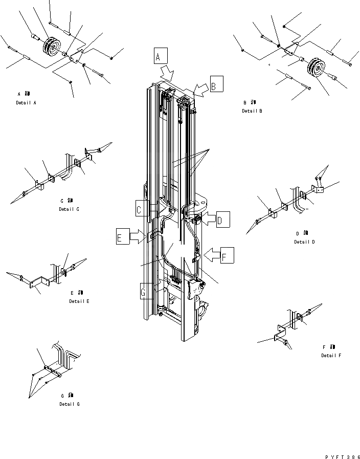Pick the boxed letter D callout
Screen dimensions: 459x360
(222, 220)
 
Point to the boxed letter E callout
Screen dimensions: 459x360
(122, 237)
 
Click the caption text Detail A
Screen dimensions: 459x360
(26, 103)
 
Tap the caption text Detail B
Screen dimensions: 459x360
(252, 111)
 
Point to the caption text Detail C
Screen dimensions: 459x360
(69, 209)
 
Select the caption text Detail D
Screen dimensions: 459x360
(304, 242)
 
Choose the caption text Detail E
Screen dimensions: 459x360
(79, 301)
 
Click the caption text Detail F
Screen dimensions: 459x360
(331, 355)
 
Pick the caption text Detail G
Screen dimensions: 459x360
(69, 404)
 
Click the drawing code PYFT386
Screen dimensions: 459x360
(342, 456)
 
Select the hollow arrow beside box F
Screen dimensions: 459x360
(211, 253)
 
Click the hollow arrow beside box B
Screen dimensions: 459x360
(201, 90)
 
